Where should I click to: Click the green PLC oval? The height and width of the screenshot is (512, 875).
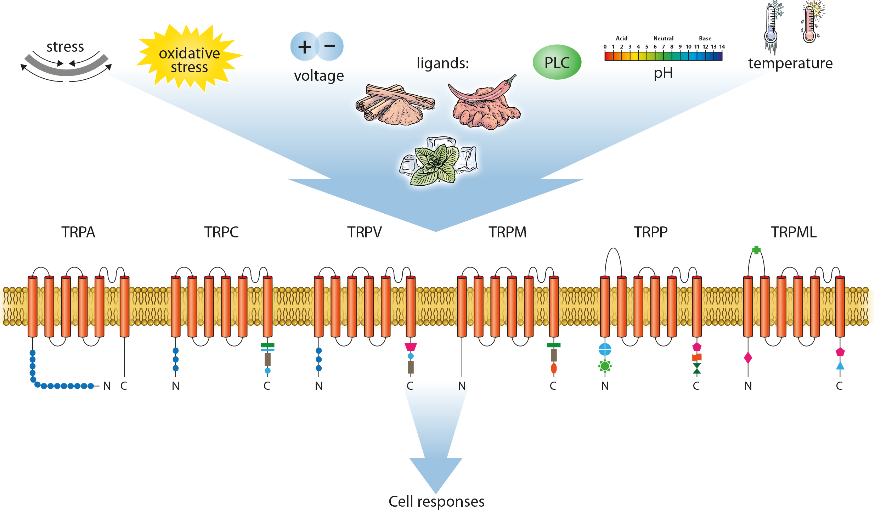click(557, 62)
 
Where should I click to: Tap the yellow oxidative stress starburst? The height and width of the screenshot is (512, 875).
click(189, 59)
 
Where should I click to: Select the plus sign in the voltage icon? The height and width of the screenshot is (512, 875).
click(304, 47)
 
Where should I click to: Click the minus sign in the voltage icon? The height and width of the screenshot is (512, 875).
click(330, 46)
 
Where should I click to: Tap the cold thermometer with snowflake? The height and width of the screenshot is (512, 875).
click(772, 27)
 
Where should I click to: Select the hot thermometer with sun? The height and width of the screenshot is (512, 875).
click(810, 23)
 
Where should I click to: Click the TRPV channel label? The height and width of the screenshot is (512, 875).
click(364, 232)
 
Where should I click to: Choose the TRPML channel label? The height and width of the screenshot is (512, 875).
click(794, 232)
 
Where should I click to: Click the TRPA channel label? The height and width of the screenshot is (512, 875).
click(78, 232)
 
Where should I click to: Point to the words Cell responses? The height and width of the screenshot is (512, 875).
click(436, 501)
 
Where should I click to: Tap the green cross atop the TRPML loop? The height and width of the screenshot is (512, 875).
click(756, 250)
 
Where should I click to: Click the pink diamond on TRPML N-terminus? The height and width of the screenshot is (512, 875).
click(748, 358)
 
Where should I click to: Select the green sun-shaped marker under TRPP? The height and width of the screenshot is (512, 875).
click(605, 366)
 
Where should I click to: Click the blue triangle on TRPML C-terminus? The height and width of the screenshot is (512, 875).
click(840, 365)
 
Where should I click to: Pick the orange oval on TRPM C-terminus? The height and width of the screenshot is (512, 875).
click(554, 368)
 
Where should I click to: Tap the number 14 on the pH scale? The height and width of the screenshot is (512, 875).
click(722, 47)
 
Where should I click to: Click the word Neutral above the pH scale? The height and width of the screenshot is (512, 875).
click(663, 39)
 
